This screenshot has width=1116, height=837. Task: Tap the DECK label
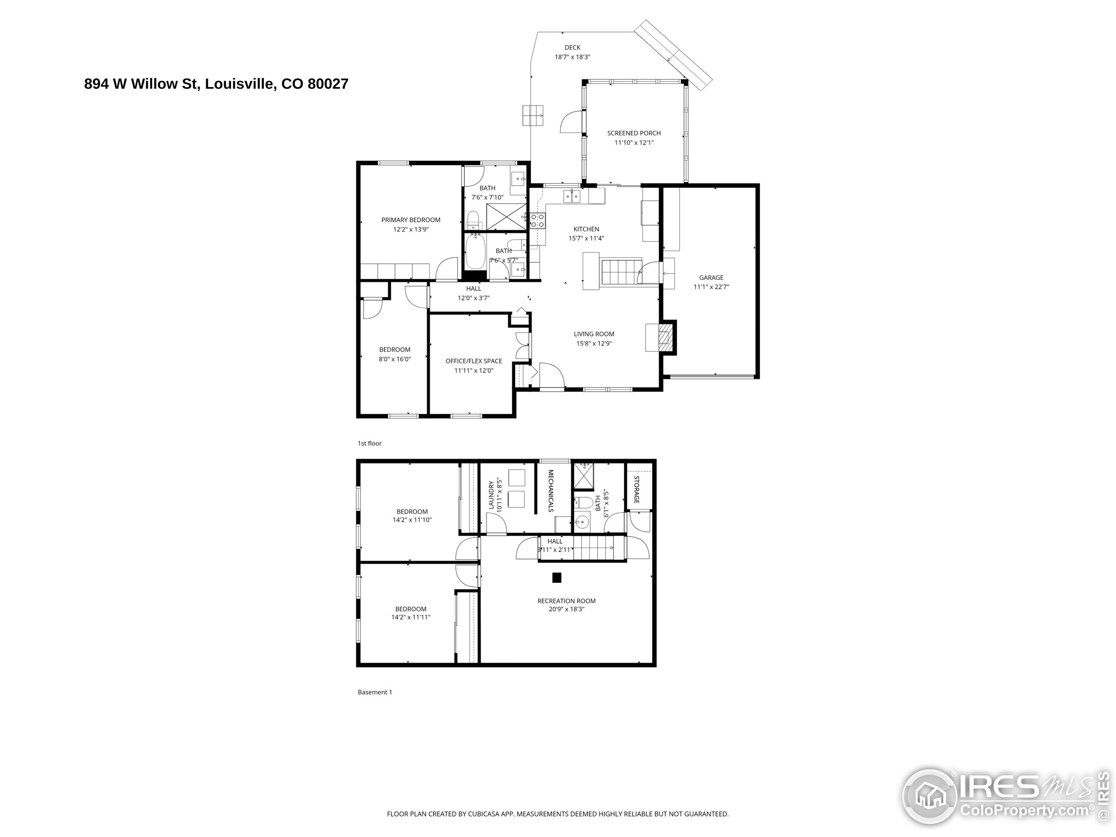(573, 48)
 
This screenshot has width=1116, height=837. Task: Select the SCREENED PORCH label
(634, 133)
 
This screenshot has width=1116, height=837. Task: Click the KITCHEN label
(586, 229)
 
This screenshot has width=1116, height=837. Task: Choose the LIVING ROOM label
(594, 334)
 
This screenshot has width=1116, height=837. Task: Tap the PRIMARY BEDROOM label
(411, 220)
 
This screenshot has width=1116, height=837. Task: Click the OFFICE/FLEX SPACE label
(474, 361)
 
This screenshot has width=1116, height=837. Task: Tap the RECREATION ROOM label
(567, 601)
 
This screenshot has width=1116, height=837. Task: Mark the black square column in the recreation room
(557, 578)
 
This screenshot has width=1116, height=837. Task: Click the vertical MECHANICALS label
(551, 490)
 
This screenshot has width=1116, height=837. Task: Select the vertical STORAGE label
(637, 490)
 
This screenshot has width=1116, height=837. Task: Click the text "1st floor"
(370, 443)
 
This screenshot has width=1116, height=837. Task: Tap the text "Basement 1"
(375, 692)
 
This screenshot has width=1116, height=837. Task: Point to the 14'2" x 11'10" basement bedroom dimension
(412, 520)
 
